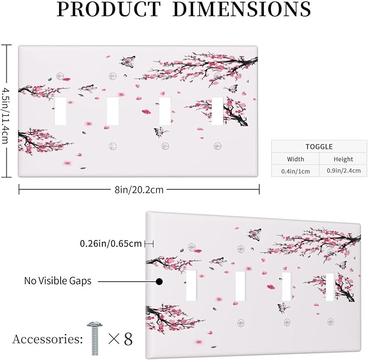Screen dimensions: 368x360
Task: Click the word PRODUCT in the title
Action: (109, 9)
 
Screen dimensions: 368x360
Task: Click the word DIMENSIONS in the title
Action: (242, 9)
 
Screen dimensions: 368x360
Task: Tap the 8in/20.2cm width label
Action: (139, 189)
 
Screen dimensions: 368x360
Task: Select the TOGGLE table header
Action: (319, 147)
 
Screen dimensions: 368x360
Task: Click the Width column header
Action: (295, 159)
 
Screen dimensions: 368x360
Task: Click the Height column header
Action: (343, 159)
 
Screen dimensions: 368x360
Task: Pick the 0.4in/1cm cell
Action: (295, 171)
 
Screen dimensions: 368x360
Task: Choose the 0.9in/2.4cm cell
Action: (344, 171)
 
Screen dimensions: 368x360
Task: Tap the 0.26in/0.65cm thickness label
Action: (111, 244)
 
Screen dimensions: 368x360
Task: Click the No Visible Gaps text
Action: (58, 280)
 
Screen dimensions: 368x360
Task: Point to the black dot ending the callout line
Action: (159, 282)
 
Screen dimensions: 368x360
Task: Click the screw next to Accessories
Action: (95, 338)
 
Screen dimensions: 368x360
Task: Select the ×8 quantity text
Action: (120, 339)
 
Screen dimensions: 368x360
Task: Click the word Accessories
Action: (48, 339)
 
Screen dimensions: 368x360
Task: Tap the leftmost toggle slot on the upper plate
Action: (60, 111)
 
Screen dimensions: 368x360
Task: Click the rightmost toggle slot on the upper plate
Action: (217, 111)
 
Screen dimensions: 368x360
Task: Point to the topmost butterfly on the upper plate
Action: (128, 61)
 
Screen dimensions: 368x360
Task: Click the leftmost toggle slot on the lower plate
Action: (191, 285)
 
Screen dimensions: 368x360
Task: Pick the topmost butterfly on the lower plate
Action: (255, 234)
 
